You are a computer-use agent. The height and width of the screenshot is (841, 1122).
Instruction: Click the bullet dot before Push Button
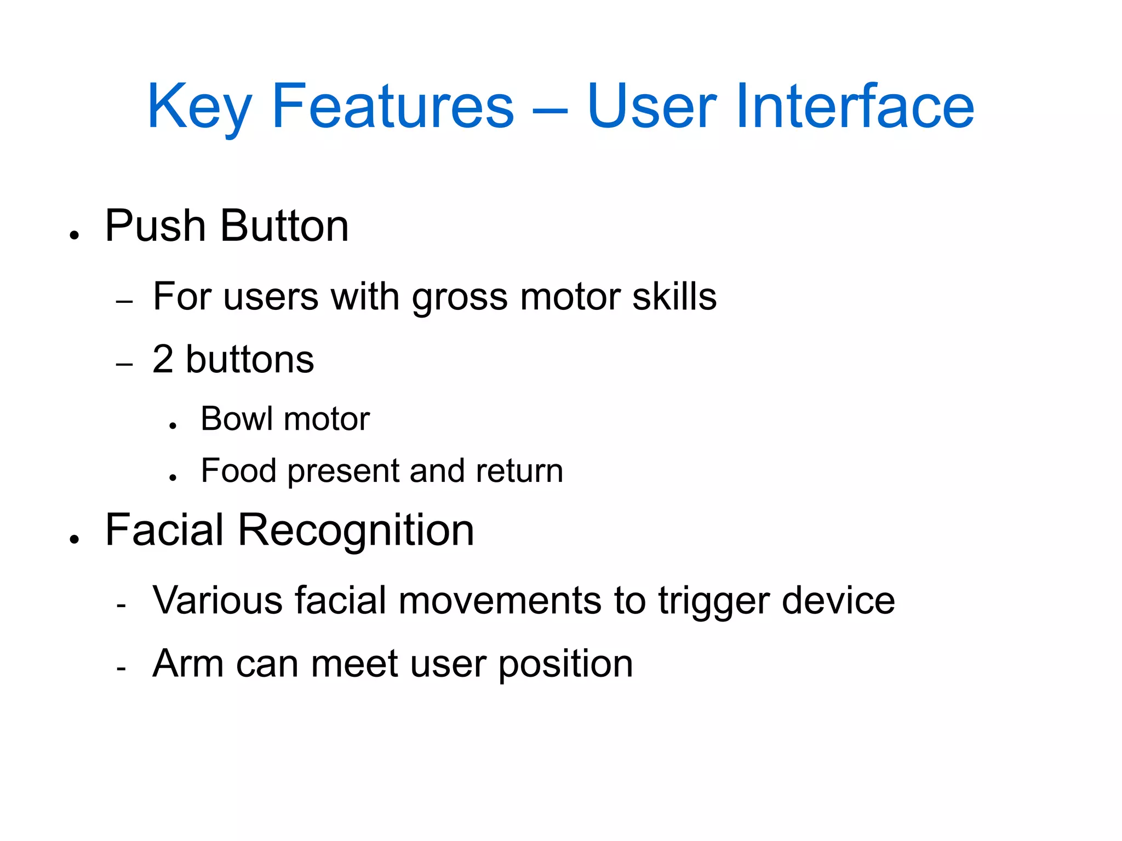(x=75, y=236)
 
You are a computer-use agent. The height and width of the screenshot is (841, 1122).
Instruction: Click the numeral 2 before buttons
(x=163, y=360)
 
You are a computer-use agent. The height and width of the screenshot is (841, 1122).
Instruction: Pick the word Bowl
(x=237, y=419)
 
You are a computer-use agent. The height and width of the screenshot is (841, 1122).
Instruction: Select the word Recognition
(x=356, y=531)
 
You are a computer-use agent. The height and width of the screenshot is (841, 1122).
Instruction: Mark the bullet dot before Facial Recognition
(x=75, y=540)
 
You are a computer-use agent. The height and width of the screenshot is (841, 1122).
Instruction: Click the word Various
(x=217, y=601)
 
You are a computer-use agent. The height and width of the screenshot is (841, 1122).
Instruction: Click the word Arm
(x=187, y=664)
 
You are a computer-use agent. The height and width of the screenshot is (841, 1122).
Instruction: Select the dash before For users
(x=125, y=302)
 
